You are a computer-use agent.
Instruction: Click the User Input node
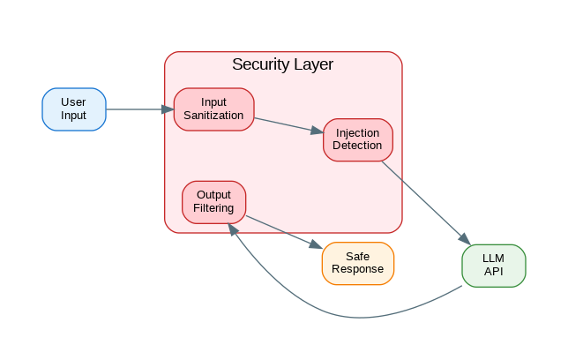[74, 109]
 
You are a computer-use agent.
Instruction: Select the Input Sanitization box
[213, 109]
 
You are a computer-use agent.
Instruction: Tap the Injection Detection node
[357, 139]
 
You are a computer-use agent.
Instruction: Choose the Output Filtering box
[213, 201]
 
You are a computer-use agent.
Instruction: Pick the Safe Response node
[357, 263]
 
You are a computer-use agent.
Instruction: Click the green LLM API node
[493, 265]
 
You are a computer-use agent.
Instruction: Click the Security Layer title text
[282, 64]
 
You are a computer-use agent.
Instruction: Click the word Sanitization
[213, 116]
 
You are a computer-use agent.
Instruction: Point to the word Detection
[357, 146]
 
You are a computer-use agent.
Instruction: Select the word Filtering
[213, 208]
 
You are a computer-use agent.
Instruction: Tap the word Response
[357, 269]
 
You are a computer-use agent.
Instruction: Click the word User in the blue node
[74, 102]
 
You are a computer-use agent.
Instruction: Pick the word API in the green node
[493, 271]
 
